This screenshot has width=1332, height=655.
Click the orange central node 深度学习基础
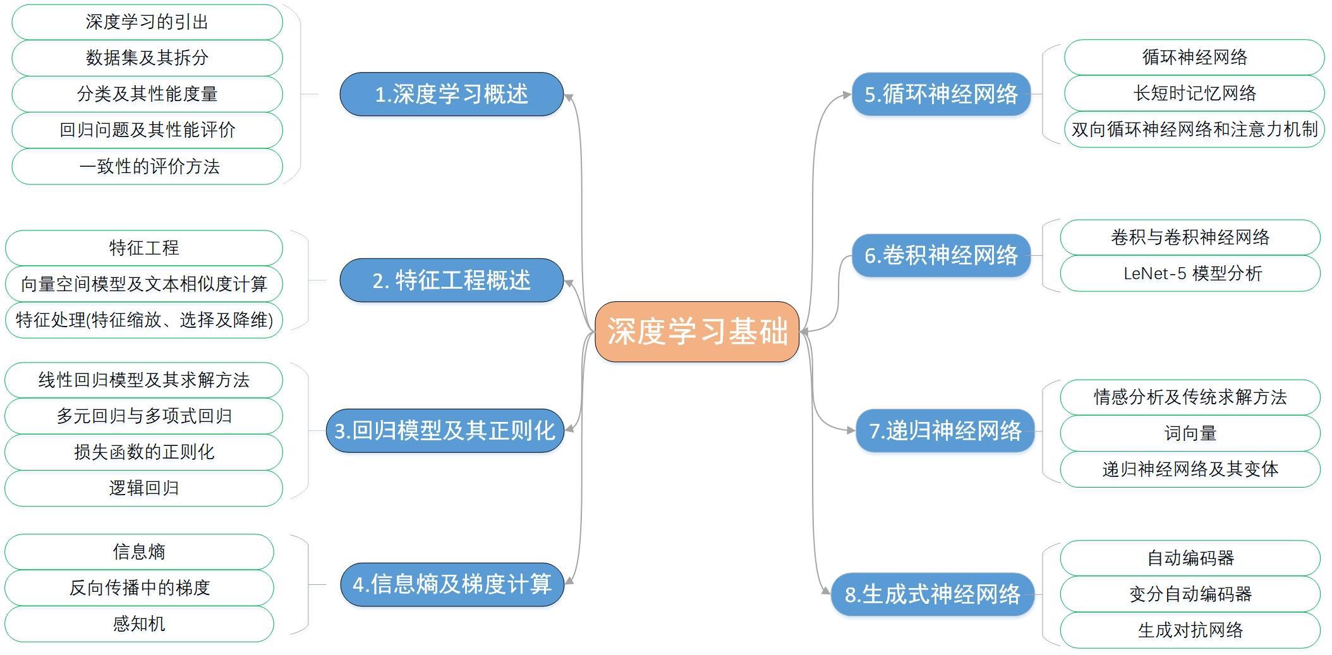pyautogui.click(x=697, y=332)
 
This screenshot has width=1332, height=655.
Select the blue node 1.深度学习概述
pyautogui.click(x=451, y=94)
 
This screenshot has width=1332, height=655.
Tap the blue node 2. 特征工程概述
pyautogui.click(x=451, y=280)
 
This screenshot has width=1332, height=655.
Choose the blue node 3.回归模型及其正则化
pyautogui.click(x=445, y=431)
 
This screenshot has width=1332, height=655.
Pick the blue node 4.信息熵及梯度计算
pyautogui.click(x=452, y=584)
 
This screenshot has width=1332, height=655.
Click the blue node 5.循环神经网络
pyautogui.click(x=941, y=94)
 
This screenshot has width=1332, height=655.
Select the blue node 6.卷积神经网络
pyautogui.click(x=941, y=255)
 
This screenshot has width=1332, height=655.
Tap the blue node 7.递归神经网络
pyautogui.click(x=945, y=431)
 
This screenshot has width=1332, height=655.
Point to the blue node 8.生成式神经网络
pyautogui.click(x=932, y=594)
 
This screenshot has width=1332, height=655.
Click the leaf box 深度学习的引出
pyautogui.click(x=147, y=22)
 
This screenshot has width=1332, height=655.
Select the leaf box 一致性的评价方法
pyautogui.click(x=147, y=167)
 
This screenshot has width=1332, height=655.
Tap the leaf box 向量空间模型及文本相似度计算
pyautogui.click(x=144, y=284)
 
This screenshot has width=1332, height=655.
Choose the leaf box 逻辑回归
pyautogui.click(x=144, y=488)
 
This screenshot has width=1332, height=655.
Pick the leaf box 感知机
pyautogui.click(x=139, y=624)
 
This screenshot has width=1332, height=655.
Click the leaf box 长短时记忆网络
pyautogui.click(x=1194, y=93)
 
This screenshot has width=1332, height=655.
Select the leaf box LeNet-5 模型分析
pyautogui.click(x=1190, y=273)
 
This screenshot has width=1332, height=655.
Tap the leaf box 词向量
pyautogui.click(x=1190, y=433)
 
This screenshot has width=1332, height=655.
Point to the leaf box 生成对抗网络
pyautogui.click(x=1190, y=630)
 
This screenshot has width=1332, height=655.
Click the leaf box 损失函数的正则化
pyautogui.click(x=144, y=452)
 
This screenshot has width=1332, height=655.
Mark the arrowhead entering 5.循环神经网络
pyautogui.click(x=847, y=95)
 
